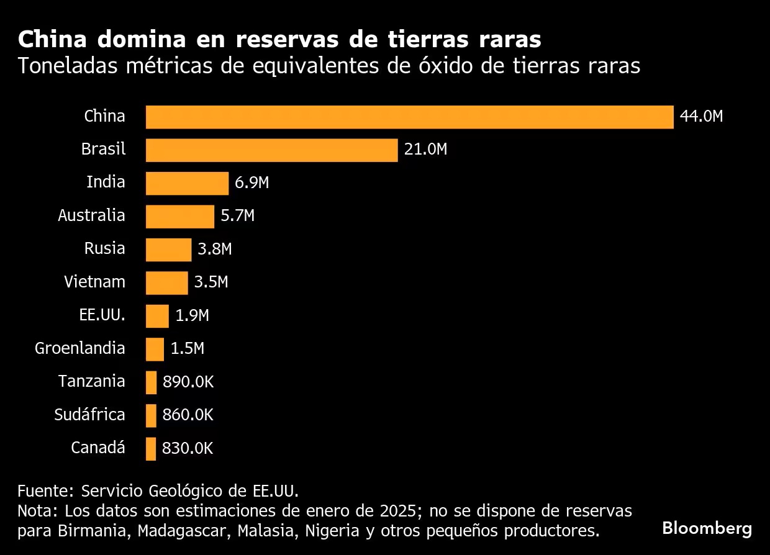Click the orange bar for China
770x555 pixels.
(409, 117)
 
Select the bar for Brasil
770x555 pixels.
(271, 150)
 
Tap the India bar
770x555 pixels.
(187, 183)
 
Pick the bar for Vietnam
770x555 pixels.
(166, 282)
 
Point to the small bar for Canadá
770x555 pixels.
(151, 448)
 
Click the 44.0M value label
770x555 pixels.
(701, 117)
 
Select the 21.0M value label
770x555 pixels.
(425, 150)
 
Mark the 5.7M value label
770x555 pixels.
(237, 216)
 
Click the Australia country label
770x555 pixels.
(91, 215)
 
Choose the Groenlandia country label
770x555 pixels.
(79, 348)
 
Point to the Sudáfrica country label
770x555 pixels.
(89, 414)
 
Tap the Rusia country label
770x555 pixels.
(104, 249)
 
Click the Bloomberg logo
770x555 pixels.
(707, 529)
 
